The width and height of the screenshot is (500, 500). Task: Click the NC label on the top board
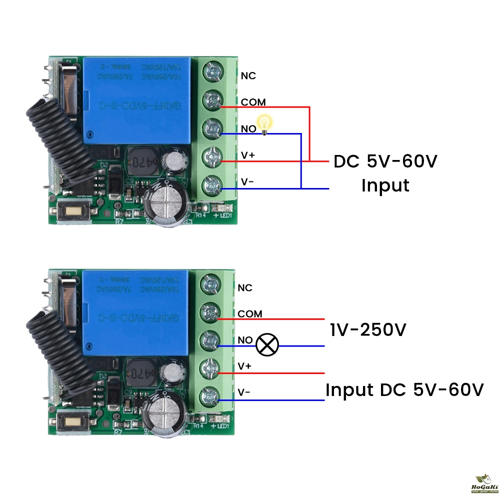coord(248,75)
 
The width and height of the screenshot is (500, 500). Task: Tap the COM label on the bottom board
coord(250,314)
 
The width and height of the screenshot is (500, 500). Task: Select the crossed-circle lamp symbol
coord(267,344)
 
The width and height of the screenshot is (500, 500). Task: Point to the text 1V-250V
coord(369,330)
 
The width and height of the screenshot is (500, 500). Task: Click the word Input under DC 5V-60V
coord(385,185)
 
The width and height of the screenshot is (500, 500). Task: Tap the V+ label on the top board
coord(248,155)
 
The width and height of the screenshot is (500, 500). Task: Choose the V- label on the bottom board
coord(244,392)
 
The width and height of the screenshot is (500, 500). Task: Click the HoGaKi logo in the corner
coord(483,484)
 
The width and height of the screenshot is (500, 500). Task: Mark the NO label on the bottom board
coord(245,340)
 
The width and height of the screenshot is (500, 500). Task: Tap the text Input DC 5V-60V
coord(404,390)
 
